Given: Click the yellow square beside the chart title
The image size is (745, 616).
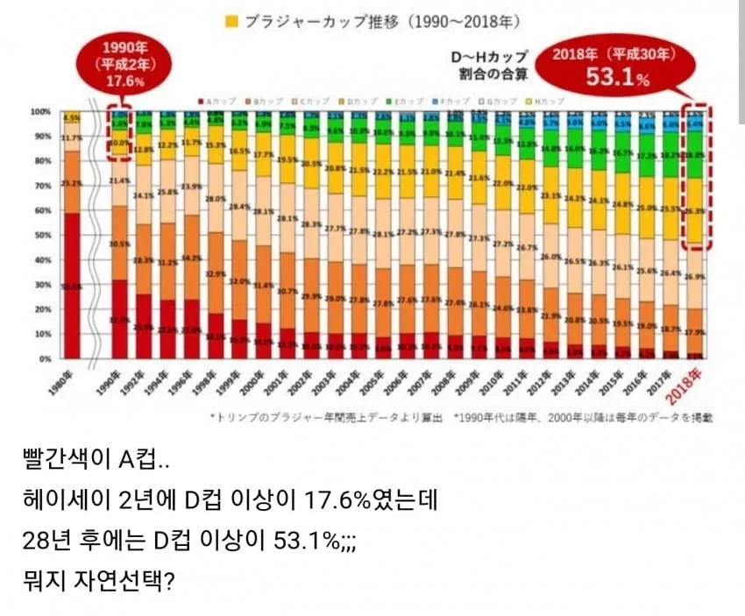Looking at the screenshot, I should click(231, 18).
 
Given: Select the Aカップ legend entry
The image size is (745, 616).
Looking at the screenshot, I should click(216, 102).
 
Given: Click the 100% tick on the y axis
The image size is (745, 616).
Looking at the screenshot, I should click(42, 112).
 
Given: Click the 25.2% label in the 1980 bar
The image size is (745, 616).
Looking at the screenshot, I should click(72, 183).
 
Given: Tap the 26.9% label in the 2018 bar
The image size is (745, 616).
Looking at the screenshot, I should click(695, 277).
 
